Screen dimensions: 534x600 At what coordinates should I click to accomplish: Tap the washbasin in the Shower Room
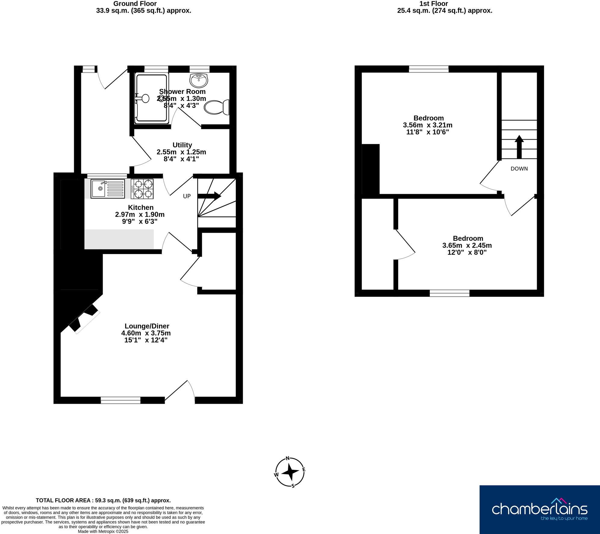[x=199, y=80]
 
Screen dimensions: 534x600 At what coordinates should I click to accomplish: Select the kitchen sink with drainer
[x=108, y=189]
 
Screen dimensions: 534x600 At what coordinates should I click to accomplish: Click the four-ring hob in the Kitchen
[x=142, y=189]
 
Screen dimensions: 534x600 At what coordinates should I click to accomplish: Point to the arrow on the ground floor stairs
[x=210, y=196]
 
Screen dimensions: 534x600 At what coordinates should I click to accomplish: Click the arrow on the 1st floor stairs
[x=519, y=147]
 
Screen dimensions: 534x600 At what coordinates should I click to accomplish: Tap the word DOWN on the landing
[x=519, y=169]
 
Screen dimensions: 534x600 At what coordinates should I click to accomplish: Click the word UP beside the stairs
[x=187, y=196]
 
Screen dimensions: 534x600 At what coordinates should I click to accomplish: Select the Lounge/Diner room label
[x=147, y=326]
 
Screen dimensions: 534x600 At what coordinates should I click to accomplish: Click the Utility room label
[x=182, y=145]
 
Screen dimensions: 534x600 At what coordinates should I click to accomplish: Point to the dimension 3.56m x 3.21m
[x=427, y=125]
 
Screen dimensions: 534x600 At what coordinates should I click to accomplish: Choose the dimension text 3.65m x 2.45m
[x=467, y=245]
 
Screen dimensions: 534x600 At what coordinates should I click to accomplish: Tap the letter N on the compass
[x=288, y=458]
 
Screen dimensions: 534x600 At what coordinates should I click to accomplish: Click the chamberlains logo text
[x=539, y=509]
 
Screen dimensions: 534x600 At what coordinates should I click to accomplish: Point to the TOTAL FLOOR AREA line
[x=103, y=500]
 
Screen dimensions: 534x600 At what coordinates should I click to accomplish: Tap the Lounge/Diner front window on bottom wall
[x=120, y=400]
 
